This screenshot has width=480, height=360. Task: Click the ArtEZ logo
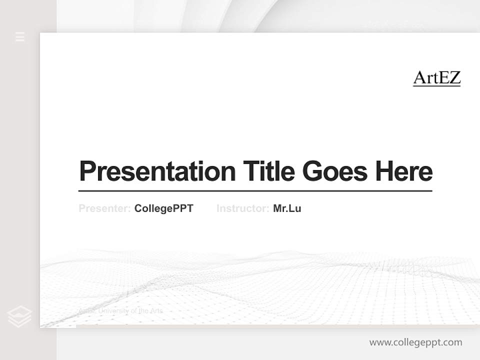[x=436, y=78]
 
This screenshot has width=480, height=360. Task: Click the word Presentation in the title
[x=157, y=171]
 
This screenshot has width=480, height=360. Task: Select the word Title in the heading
[x=268, y=171]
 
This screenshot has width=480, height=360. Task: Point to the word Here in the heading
[x=404, y=171]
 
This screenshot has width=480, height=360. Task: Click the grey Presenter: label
[x=104, y=208]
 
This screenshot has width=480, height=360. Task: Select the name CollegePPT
[x=163, y=208]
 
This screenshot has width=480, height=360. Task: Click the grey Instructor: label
[x=242, y=208]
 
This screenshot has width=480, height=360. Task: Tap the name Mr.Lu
[x=287, y=208]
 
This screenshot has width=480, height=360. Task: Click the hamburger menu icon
[x=20, y=36]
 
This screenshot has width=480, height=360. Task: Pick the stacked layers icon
[x=19, y=316]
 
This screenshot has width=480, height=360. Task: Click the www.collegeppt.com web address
[x=415, y=342]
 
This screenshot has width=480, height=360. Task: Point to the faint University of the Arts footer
[x=120, y=311]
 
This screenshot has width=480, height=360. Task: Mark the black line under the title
[x=255, y=190]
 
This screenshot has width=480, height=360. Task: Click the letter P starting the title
[x=87, y=171]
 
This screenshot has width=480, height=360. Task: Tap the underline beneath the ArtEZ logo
[x=436, y=86]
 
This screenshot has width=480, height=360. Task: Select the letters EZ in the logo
[x=449, y=77]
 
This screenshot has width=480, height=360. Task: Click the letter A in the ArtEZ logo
[x=419, y=77]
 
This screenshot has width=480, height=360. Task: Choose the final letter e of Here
[x=425, y=172]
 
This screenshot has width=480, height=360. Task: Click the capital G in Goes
[x=312, y=171]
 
